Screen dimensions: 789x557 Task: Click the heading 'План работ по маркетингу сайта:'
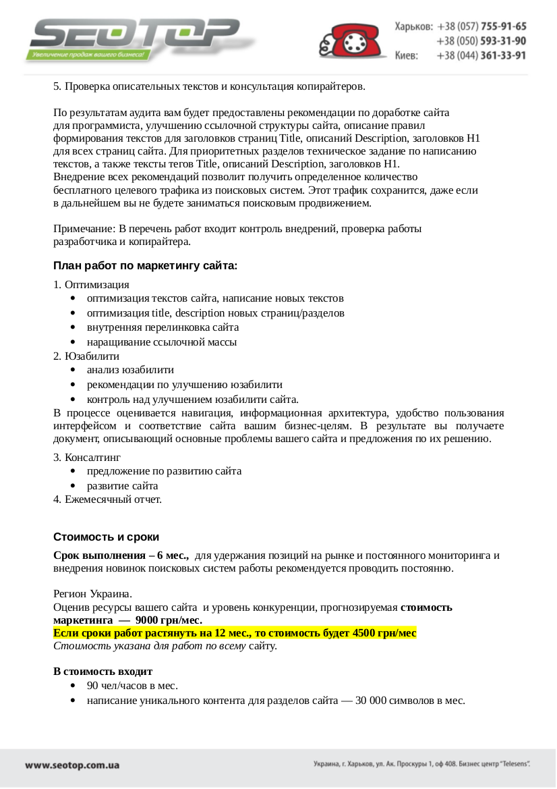pos(145,266)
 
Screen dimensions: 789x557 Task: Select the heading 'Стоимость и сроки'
pos(106,537)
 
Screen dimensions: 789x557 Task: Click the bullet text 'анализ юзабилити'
pos(130,370)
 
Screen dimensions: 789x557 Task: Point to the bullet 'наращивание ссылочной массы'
pos(161,342)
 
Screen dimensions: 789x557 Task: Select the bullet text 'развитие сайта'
pos(122,486)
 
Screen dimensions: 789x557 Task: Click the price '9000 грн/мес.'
pos(169,620)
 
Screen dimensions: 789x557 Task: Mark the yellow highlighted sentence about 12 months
pos(235,633)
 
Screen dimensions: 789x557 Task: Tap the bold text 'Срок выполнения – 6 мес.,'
pos(121,555)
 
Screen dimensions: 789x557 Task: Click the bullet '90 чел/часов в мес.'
pos(132,686)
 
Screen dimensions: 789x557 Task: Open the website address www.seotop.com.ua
pos(72,765)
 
